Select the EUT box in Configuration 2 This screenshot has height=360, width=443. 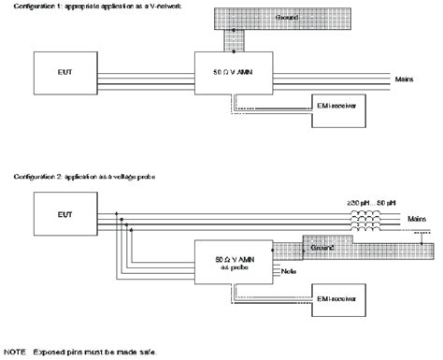[67, 218]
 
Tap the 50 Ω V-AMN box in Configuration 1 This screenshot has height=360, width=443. [231, 74]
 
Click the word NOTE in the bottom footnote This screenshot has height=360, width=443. [17, 351]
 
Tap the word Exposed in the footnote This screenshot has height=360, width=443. [53, 351]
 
